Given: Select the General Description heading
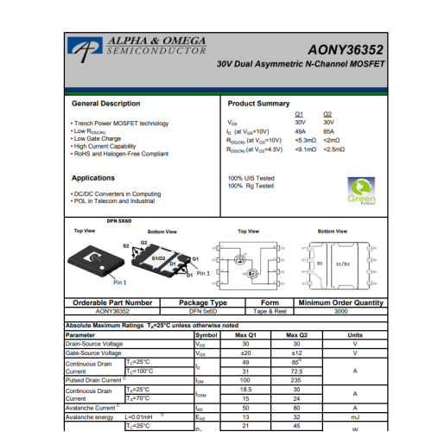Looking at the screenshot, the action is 105,104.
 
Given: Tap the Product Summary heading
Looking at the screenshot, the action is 258,104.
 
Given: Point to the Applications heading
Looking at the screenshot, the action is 93,178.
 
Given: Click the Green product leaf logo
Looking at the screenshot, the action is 361,189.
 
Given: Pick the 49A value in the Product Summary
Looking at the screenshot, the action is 300,131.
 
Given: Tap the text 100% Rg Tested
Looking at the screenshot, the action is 251,186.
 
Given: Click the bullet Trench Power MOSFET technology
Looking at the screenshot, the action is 121,124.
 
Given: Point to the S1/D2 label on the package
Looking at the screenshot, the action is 159,258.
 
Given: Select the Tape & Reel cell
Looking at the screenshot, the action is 270,311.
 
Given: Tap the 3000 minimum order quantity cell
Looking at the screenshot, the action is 340,311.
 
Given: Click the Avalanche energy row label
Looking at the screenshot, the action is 93,416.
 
